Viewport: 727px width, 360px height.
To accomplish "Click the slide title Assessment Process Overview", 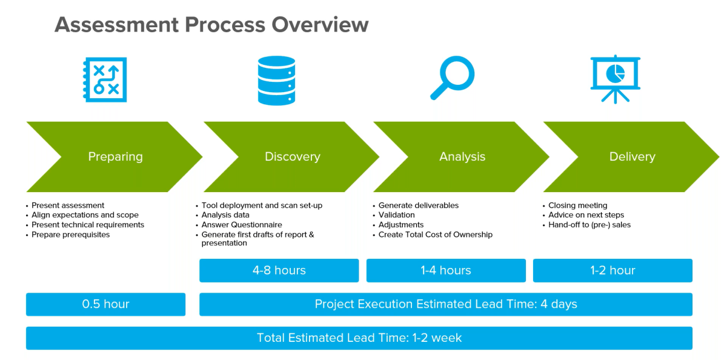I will [211, 25].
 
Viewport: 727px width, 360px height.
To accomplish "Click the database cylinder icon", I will [276, 80].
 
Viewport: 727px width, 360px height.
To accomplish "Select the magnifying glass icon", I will [452, 78].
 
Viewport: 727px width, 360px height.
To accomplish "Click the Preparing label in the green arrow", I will [115, 157].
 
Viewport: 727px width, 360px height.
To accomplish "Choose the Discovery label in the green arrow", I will [292, 157].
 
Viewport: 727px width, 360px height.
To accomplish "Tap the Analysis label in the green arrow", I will [462, 157].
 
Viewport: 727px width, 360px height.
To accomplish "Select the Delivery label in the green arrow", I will [632, 157].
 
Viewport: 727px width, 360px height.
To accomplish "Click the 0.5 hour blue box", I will [105, 304].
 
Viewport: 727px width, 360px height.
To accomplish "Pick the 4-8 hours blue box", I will [279, 270].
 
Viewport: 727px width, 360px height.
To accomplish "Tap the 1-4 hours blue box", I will [446, 270].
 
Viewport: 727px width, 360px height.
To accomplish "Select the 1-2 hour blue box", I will [612, 270].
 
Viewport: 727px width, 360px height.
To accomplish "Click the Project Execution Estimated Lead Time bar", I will [445, 304].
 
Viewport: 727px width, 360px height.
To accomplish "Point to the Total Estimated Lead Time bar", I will [359, 338].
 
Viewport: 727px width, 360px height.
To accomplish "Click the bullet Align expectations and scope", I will [85, 215].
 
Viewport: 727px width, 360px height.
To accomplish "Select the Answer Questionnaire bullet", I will [242, 225].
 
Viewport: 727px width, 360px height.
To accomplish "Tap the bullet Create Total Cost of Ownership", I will [435, 235].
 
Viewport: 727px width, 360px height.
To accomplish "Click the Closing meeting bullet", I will [577, 205].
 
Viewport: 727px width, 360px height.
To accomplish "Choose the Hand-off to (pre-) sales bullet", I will [589, 225].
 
